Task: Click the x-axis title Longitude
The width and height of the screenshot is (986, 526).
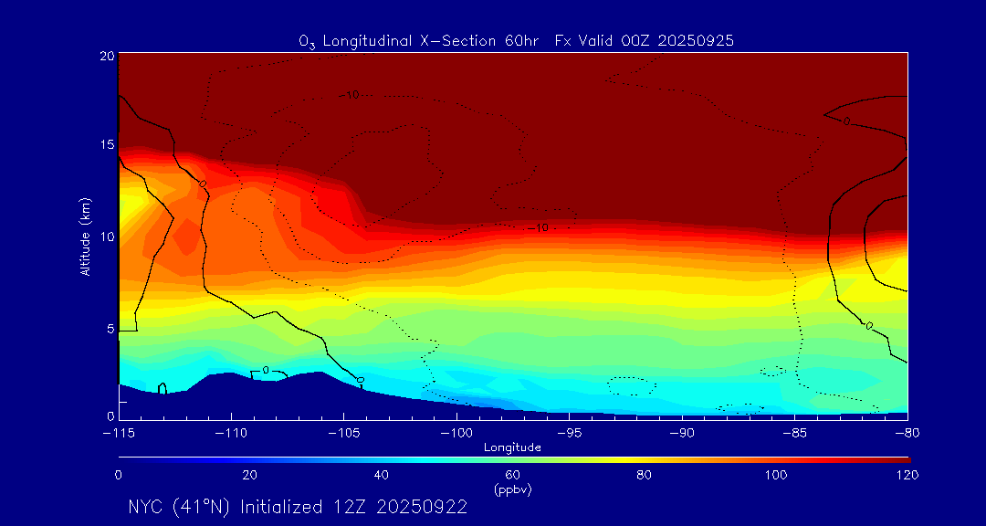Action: [x=513, y=447]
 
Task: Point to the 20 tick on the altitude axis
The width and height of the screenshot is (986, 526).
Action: [x=106, y=56]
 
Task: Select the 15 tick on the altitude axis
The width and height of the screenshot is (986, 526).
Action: [x=106, y=145]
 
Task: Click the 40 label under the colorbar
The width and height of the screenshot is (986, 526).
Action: [x=382, y=475]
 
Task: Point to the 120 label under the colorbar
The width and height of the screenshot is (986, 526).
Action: [x=907, y=475]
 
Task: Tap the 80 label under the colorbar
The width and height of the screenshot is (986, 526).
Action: [x=645, y=475]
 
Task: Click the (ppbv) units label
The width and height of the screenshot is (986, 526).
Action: [x=513, y=489]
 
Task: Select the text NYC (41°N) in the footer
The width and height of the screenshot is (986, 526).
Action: [x=180, y=507]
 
